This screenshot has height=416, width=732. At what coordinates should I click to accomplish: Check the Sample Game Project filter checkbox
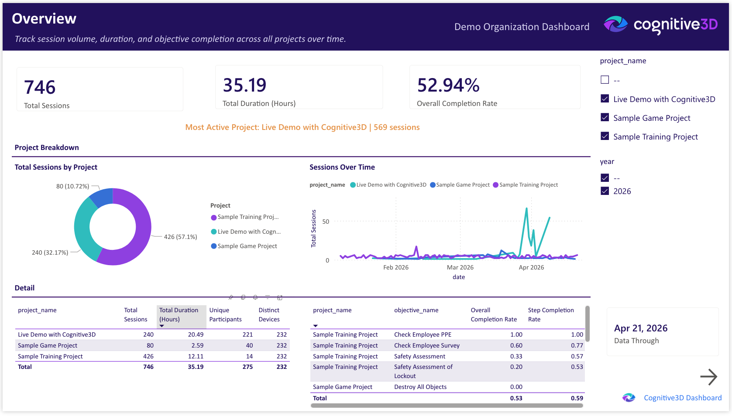coord(605,117)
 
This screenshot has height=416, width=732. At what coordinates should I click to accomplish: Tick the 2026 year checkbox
coord(605,191)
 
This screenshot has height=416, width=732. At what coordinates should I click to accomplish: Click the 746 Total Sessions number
coord(40,87)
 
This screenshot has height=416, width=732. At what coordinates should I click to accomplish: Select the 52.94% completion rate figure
coord(448,85)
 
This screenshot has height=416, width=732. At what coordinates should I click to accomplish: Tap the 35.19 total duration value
coord(244,85)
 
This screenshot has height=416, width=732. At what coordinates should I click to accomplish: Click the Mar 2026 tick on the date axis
coord(460,267)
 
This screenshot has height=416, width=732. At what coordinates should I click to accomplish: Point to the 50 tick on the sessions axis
coord(326,222)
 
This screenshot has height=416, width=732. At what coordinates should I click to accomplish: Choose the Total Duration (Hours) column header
coord(179,314)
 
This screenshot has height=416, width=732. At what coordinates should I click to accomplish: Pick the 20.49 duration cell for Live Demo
coord(196,334)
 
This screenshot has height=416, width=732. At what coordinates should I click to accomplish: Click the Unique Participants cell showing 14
coord(249,356)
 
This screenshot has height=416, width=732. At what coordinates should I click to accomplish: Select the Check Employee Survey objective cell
coord(426,345)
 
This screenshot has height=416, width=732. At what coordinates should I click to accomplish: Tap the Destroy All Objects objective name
coord(420,387)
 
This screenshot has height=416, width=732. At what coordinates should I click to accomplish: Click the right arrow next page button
coord(708,377)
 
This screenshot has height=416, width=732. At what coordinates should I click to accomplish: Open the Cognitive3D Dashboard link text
coord(682,398)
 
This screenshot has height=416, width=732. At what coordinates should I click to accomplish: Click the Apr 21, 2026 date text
coord(640,328)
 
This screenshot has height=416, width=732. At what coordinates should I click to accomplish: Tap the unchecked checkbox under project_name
coord(605,80)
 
